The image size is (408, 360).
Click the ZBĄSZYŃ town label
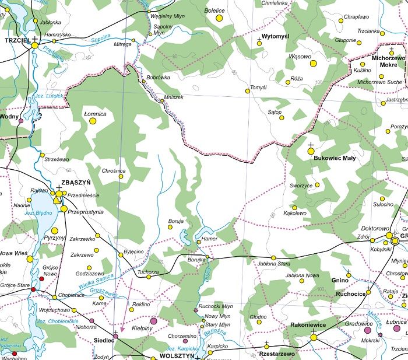click(76, 182)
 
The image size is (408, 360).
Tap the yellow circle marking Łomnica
click(93, 121)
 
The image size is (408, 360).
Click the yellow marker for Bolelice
click(219, 19)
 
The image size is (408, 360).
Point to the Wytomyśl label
click(276, 36)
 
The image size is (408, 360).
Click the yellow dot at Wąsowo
click(313, 64)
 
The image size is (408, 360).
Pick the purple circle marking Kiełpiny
click(154, 321)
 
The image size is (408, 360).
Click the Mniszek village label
click(174, 97)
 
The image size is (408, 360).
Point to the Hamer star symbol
click(198, 242)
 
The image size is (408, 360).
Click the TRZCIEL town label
click(16, 41)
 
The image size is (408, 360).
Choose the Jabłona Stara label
click(274, 264)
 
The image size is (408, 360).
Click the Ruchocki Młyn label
click(216, 306)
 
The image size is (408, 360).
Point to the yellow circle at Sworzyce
click(318, 186)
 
